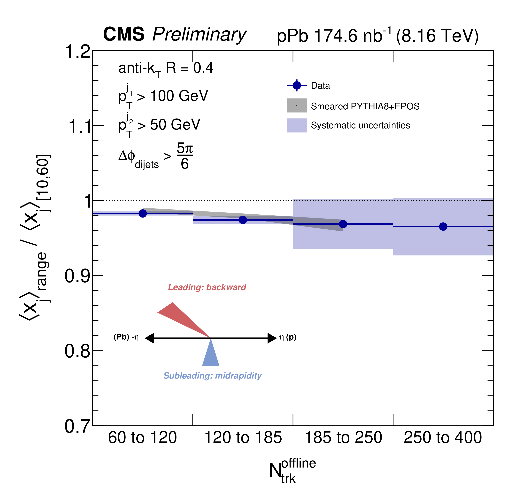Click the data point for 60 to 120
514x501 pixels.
(142, 213)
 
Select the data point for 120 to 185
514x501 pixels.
(243, 220)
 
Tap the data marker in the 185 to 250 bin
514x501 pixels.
(343, 224)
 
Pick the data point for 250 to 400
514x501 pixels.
(443, 226)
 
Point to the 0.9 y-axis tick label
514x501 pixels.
(77, 276)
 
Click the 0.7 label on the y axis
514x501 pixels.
(77, 426)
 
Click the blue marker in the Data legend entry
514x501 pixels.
(297, 86)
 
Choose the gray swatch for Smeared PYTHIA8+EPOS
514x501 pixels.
(297, 105)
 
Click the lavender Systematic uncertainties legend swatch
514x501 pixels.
(297, 125)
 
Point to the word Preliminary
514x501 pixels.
(199, 35)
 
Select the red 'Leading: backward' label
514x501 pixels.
(207, 287)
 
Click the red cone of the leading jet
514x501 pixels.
(179, 317)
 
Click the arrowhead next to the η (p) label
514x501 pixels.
(272, 338)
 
